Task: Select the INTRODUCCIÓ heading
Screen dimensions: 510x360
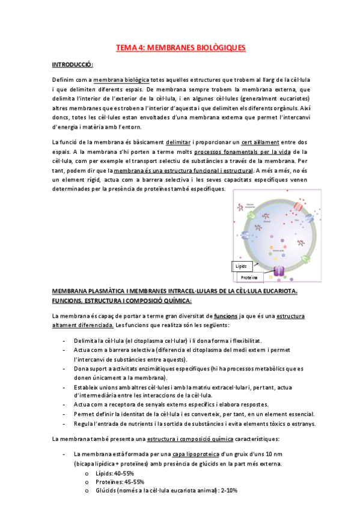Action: (72, 64)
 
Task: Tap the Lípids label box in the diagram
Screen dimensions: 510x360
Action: (241, 265)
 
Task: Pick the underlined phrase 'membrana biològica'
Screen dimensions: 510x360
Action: (121, 80)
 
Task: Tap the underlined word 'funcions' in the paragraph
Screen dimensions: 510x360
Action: (226, 315)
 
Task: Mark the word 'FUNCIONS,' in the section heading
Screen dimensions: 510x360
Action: (73, 300)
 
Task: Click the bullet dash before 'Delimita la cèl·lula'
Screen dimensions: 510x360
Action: (64, 340)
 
